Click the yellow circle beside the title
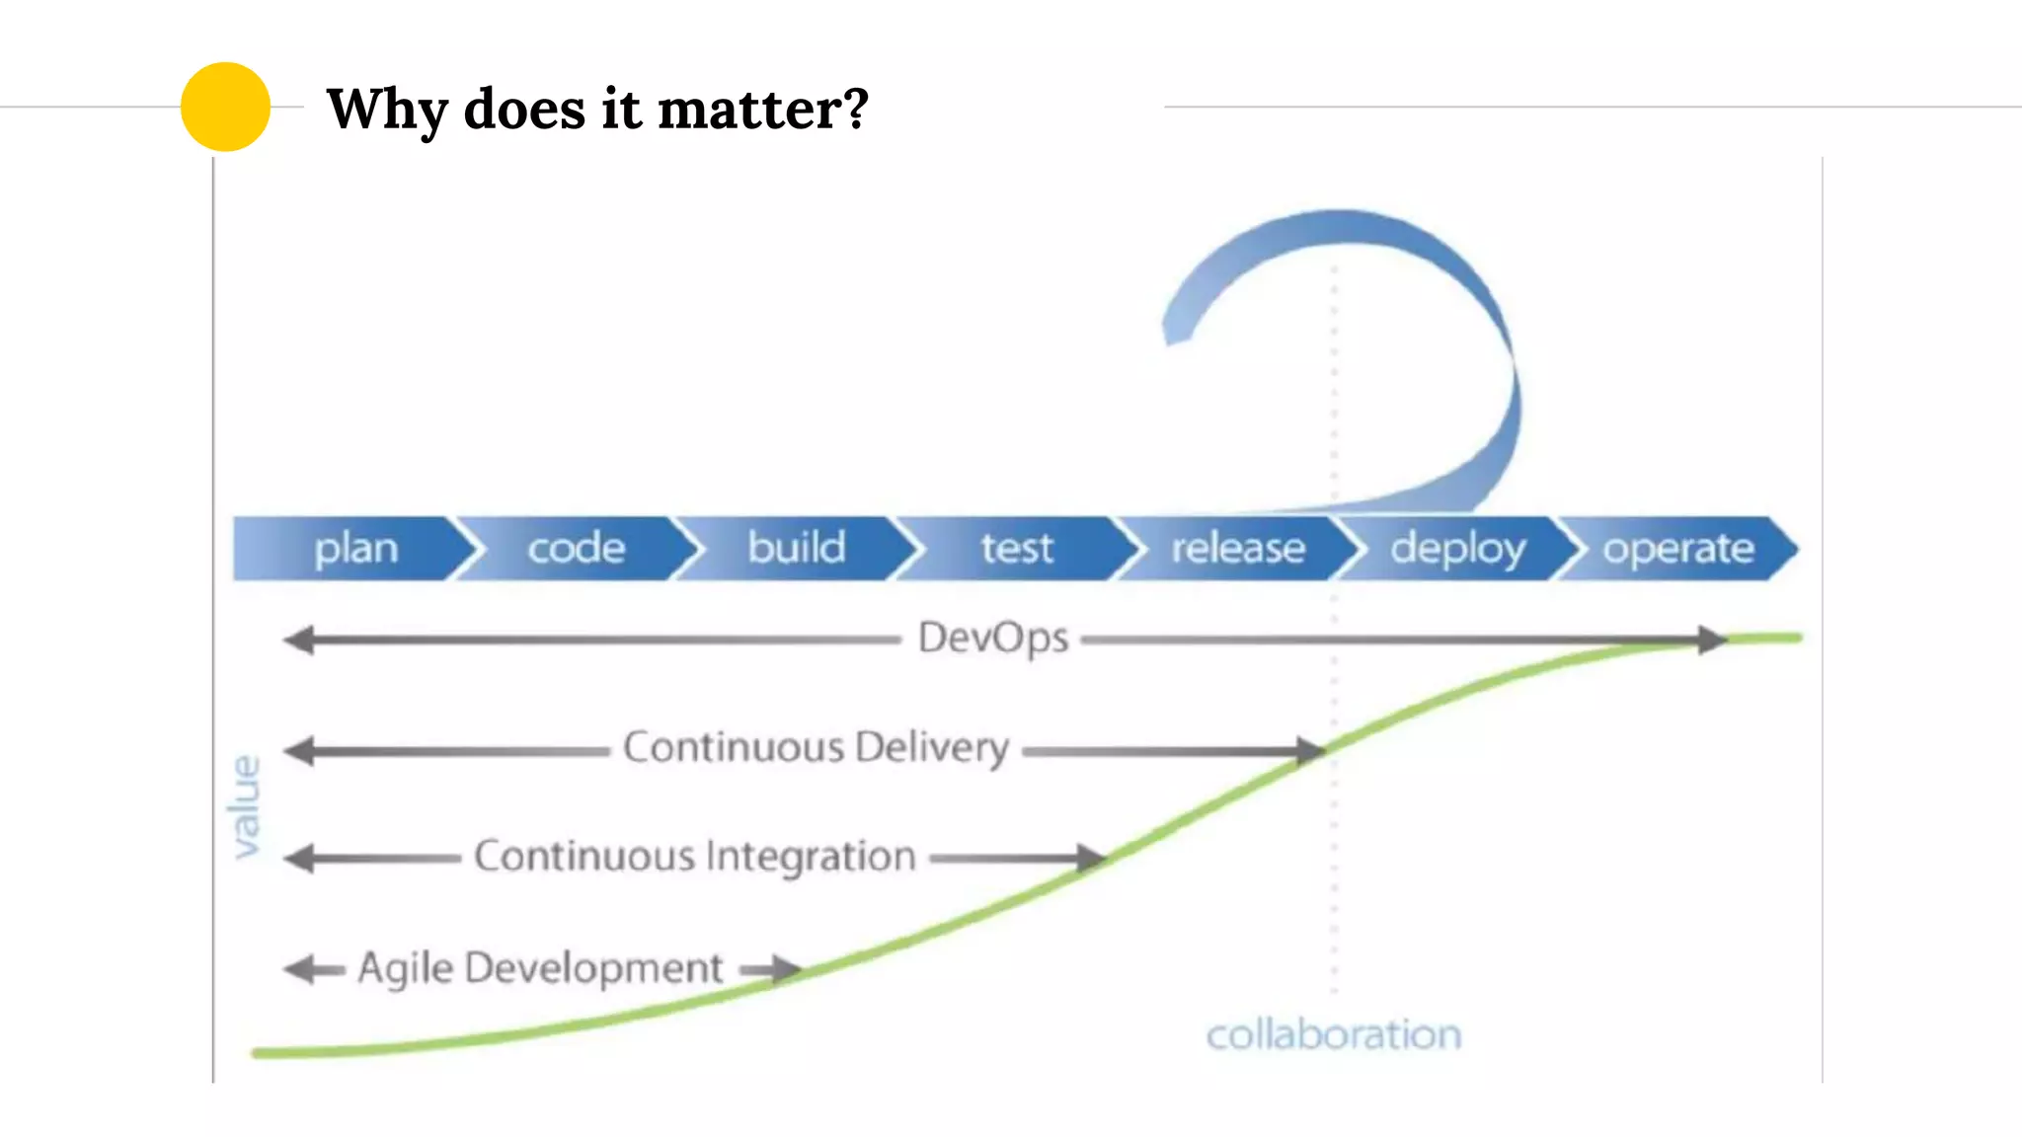point(225,107)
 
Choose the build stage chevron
point(796,548)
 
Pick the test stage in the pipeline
point(1016,548)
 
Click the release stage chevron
point(1237,548)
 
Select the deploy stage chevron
point(1457,548)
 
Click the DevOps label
point(992,639)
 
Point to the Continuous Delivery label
point(816,748)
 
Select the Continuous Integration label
point(695,857)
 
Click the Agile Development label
point(540,968)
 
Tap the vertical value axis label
point(245,806)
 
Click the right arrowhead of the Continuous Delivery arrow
point(1310,751)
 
